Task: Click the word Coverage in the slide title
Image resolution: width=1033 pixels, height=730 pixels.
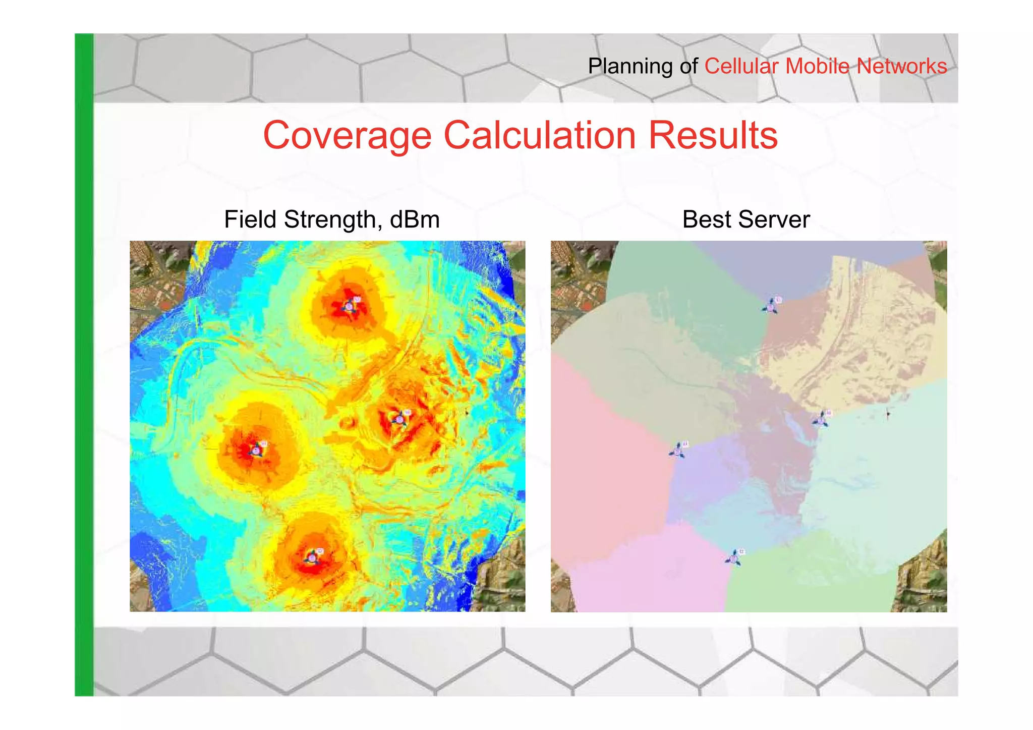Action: pos(348,136)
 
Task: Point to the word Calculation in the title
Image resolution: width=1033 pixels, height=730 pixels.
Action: pos(540,136)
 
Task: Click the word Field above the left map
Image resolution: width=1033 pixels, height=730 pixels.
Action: pos(250,219)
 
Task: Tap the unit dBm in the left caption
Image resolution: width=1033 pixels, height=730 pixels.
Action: pos(415,219)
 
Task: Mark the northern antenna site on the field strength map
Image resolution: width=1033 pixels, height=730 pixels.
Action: pos(350,306)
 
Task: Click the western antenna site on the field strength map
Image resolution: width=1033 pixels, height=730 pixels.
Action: pos(257,450)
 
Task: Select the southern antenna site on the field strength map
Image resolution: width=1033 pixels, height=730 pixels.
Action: pos(313,557)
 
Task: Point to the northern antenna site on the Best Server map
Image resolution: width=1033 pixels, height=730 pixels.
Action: pos(771,306)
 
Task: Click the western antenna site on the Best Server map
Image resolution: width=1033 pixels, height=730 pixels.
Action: pos(678,451)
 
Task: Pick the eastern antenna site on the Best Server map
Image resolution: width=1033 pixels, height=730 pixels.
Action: pos(821,419)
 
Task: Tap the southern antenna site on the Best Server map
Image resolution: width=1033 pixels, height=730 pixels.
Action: pos(734,558)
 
